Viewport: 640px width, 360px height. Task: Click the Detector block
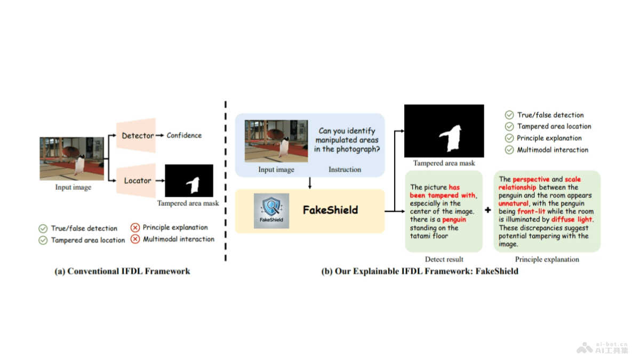tap(137, 135)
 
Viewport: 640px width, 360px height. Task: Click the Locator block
tap(137, 181)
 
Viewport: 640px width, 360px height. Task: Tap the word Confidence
tap(184, 135)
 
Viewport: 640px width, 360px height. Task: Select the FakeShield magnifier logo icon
tap(272, 211)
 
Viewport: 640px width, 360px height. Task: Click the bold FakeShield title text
tap(330, 210)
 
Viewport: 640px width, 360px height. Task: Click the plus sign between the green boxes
tap(487, 210)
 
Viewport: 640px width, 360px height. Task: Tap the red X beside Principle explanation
tap(135, 228)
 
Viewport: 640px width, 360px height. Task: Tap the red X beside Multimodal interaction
tap(135, 239)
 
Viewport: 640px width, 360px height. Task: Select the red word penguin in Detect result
tap(454, 220)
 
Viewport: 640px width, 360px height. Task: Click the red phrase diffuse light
tap(572, 220)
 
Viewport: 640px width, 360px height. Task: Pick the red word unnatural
tap(514, 204)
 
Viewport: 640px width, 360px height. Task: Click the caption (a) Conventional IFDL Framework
tap(123, 271)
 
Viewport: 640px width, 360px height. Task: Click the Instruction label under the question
tap(344, 170)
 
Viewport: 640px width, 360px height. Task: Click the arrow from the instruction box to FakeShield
tap(309, 182)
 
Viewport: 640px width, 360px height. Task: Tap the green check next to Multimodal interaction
tap(509, 150)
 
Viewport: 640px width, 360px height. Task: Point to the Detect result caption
tap(444, 260)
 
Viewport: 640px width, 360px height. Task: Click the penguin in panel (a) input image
tap(81, 164)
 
